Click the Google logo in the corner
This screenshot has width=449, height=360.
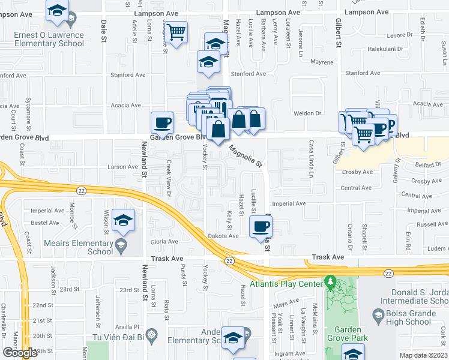[19, 353]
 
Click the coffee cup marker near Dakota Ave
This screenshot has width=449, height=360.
[261, 227]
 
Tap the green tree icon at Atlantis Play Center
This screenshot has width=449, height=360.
[329, 281]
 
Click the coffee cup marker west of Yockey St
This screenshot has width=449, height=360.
[162, 123]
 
